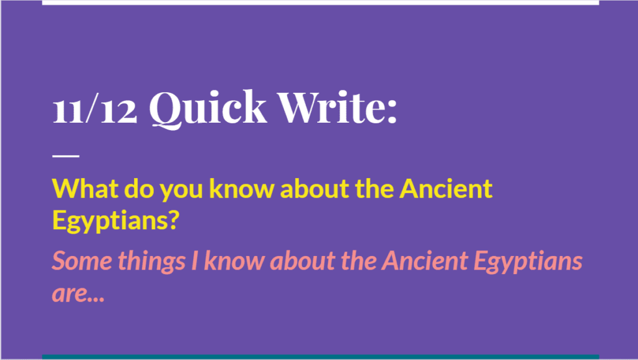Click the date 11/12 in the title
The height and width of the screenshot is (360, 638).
click(95, 109)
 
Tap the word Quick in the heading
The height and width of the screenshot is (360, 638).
click(208, 109)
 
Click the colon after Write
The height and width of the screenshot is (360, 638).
click(391, 111)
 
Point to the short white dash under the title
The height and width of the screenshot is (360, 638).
click(66, 155)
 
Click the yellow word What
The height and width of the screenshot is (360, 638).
click(85, 189)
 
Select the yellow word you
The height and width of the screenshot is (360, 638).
click(181, 191)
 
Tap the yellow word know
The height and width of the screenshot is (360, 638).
click(242, 189)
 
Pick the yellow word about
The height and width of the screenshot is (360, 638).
click(315, 189)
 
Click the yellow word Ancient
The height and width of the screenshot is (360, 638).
click(446, 189)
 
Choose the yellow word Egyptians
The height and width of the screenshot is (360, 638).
click(110, 222)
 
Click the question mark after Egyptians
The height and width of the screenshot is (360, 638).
click(173, 220)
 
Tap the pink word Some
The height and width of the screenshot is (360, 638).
click(83, 261)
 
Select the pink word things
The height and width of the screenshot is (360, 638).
click(152, 262)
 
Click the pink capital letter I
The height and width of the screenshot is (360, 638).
click(195, 261)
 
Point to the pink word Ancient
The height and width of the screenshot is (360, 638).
click(425, 261)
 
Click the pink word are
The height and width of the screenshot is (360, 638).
click(69, 295)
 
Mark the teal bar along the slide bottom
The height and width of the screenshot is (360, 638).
click(321, 357)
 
